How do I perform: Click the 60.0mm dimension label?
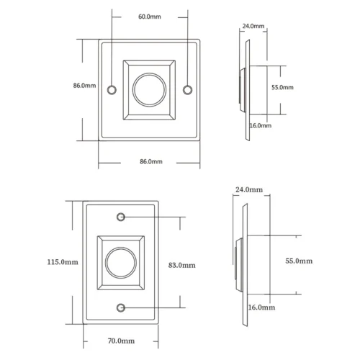point(150,17)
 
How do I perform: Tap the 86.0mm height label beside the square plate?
point(84,86)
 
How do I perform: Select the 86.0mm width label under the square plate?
point(151,161)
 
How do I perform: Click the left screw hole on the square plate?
point(112,90)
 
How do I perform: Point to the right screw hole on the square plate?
point(187,90)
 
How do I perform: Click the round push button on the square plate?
point(149,89)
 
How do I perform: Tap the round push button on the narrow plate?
point(121,263)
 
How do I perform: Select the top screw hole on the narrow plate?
point(121,217)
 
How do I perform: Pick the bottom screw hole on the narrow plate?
point(121,307)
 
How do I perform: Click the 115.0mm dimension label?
point(63,262)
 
